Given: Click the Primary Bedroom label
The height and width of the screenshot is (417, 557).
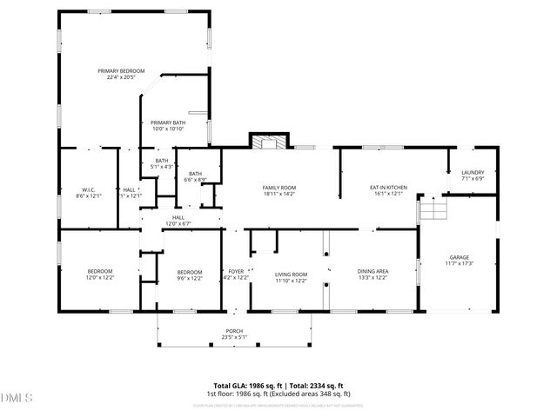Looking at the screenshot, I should (x=121, y=74).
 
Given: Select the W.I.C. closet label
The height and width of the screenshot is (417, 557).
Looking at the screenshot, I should (x=89, y=192).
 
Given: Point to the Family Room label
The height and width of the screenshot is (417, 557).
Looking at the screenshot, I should (x=279, y=191).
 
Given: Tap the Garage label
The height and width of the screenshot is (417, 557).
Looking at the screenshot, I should (x=459, y=261).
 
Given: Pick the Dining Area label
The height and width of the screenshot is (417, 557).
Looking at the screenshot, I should (x=372, y=275).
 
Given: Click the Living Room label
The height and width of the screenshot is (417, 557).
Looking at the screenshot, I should (x=292, y=275).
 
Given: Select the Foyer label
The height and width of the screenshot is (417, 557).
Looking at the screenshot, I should (x=236, y=275).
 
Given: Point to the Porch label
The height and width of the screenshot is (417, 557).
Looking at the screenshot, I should (x=234, y=334).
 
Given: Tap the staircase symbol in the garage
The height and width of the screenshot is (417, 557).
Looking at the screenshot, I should (x=433, y=208).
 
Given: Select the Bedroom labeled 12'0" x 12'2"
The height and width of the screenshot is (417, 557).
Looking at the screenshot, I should (x=99, y=275).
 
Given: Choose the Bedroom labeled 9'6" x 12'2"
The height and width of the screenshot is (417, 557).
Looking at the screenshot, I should (x=189, y=275).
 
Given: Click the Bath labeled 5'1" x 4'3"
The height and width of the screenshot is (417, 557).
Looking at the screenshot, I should (x=162, y=163).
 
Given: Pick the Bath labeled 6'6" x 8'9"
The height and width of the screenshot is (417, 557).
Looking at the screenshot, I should (x=195, y=176).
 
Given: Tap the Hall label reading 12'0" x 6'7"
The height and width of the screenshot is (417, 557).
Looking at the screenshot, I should (x=178, y=221).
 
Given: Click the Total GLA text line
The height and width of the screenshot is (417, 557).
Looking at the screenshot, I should (x=278, y=385).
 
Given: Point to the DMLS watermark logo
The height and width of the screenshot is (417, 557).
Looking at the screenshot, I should (x=17, y=398).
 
